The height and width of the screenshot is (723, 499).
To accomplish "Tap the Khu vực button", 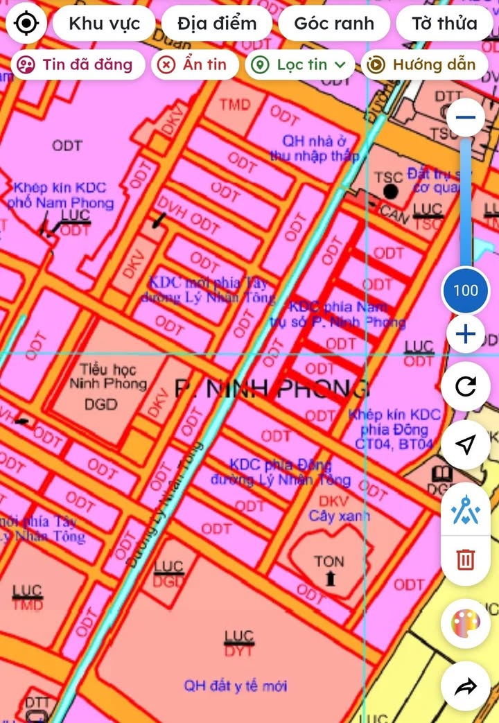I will pyautogui.click(x=104, y=24).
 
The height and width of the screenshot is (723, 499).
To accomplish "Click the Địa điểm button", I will pyautogui.click(x=217, y=24).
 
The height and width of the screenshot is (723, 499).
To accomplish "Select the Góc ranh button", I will pyautogui.click(x=334, y=24).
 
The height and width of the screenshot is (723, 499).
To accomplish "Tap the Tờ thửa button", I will pyautogui.click(x=444, y=24).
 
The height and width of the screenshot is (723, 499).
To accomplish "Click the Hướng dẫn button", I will pyautogui.click(x=424, y=64).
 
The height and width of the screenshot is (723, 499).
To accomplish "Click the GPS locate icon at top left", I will pyautogui.click(x=26, y=24).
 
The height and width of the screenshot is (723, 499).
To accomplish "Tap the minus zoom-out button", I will pyautogui.click(x=466, y=117).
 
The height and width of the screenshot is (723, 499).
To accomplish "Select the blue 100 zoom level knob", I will pyautogui.click(x=466, y=290).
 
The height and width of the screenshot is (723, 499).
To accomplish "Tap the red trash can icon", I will pyautogui.click(x=466, y=559).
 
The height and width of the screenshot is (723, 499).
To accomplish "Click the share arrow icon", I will pyautogui.click(x=466, y=686).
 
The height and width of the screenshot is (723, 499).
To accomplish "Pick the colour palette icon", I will pyautogui.click(x=466, y=625).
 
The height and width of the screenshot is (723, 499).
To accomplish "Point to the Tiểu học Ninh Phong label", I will pyautogui.click(x=107, y=377).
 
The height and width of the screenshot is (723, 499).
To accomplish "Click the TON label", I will pyautogui.click(x=329, y=561).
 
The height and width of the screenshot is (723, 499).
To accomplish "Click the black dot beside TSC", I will pyautogui.click(x=392, y=191).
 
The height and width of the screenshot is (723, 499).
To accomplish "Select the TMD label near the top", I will pyautogui.click(x=234, y=105).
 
